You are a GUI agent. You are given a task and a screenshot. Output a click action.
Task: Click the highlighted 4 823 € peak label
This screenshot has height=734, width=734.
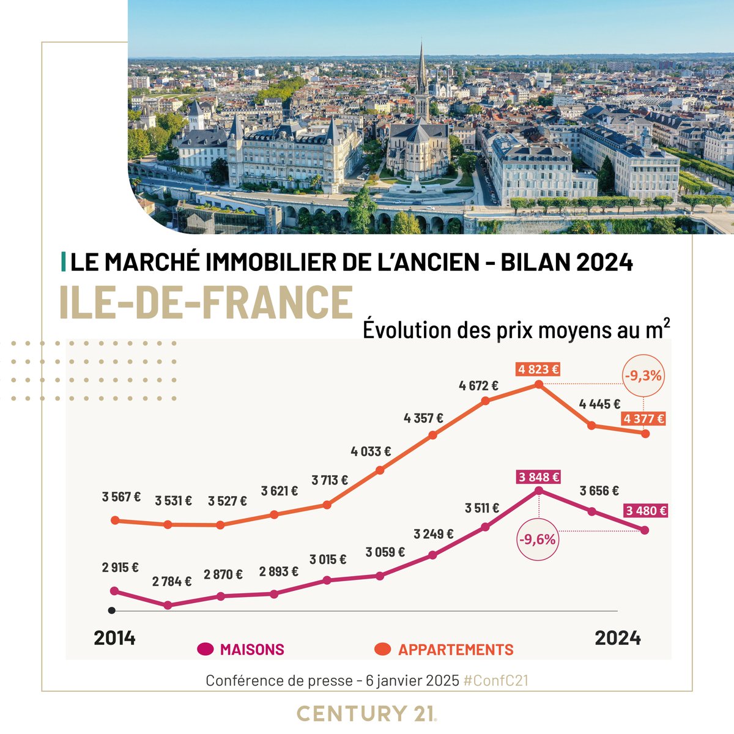coord(538,369)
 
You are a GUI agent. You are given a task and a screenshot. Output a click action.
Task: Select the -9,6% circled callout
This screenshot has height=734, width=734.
coord(538,539)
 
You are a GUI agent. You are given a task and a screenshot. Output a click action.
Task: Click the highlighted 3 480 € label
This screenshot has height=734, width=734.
coord(646,511)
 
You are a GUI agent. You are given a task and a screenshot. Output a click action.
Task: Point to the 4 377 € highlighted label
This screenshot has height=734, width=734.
coord(643,419)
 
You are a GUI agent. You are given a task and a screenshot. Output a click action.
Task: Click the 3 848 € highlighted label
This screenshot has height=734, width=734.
coord(538,477)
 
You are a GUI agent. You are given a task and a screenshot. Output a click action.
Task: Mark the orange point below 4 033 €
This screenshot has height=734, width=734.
coord(380,470)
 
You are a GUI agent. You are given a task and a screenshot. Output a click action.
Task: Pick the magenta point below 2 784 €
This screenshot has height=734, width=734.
coord(168,605)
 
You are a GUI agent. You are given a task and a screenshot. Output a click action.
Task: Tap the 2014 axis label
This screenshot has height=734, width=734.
coord(114,638)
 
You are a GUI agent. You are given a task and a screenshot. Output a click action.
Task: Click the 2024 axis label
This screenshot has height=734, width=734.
coord(618,638)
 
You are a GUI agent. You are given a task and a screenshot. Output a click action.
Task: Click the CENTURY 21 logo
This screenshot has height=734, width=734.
coord(366,713)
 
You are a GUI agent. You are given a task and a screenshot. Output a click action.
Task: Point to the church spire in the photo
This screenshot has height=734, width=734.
coord(422,70)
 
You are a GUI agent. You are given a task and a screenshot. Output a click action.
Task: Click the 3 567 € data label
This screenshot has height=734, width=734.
coord(121,497)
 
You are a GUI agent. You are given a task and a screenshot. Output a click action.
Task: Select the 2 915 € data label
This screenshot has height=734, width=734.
coord(120,567)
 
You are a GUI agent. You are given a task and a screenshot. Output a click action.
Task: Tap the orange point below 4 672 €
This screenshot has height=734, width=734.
coord(486,401)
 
